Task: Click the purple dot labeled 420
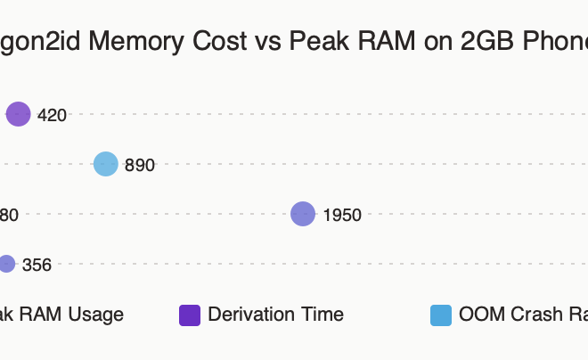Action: click(x=19, y=114)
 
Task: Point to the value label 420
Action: click(x=52, y=115)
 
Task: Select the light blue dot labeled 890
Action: click(x=106, y=164)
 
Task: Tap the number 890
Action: click(x=140, y=165)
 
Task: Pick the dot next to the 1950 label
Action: click(x=303, y=214)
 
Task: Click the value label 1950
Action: click(x=342, y=215)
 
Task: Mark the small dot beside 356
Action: click(x=6, y=264)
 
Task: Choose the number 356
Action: click(x=37, y=265)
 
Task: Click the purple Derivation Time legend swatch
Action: click(x=190, y=315)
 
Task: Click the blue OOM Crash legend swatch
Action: click(x=441, y=315)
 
